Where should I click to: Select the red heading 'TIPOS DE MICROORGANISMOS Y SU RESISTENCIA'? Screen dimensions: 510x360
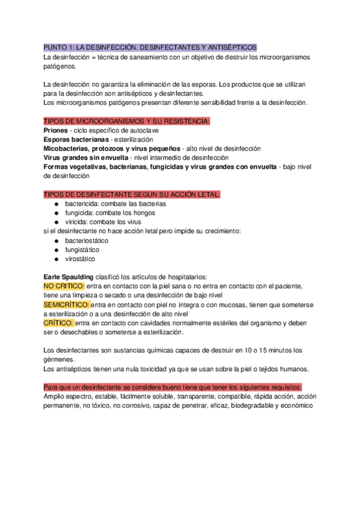tap(127, 121)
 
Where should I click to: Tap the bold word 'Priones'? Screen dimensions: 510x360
tap(56, 130)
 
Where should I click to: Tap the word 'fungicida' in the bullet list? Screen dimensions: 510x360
tap(79, 213)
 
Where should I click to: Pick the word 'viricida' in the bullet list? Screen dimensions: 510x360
tap(77, 222)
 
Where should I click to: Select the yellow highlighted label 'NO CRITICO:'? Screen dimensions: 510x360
tap(64, 286)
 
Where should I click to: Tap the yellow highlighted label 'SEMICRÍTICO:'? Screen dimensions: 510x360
tap(67, 305)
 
